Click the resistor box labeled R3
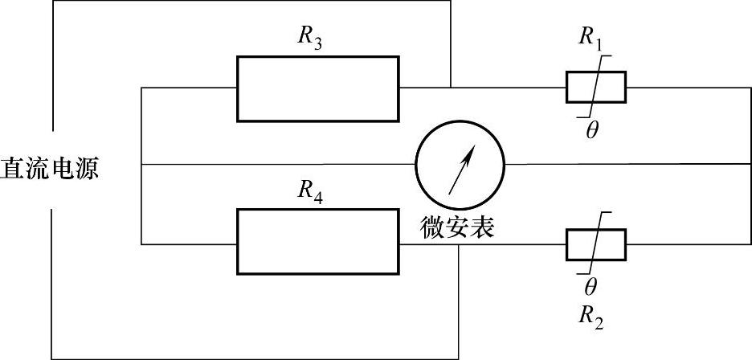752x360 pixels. (x=317, y=88)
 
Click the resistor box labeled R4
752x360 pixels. (x=317, y=242)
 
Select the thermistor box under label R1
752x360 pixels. (x=595, y=87)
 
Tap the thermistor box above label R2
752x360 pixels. (x=595, y=244)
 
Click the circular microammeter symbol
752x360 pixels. (x=460, y=165)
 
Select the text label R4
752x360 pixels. (x=310, y=191)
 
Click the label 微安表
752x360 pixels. (x=457, y=227)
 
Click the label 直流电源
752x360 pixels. (x=49, y=169)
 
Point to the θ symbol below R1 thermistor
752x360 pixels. (x=591, y=131)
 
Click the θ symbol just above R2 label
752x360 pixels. (x=591, y=286)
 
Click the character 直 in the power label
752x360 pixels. (x=13, y=169)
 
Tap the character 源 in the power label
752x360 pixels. (x=86, y=169)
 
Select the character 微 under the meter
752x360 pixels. (x=433, y=227)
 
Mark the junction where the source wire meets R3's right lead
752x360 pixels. (x=451, y=88)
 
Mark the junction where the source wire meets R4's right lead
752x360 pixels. (x=458, y=243)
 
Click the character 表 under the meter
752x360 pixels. (x=481, y=227)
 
